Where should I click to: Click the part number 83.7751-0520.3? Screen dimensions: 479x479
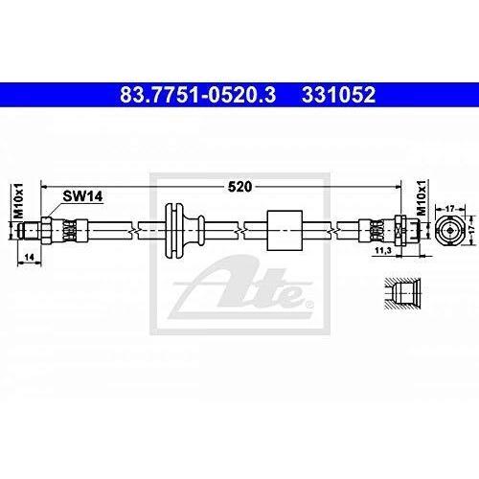click(x=197, y=95)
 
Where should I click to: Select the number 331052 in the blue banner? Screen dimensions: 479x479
click(x=338, y=95)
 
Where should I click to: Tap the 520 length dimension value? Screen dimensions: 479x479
click(x=239, y=187)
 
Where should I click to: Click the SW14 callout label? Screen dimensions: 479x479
click(x=82, y=196)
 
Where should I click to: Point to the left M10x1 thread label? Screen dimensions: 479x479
click(x=19, y=201)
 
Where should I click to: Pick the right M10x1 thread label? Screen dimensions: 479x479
click(x=422, y=197)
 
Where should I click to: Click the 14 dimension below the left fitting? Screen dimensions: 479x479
click(x=29, y=258)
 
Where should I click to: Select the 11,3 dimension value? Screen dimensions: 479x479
click(x=383, y=250)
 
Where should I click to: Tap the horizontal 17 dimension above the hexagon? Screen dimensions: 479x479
click(x=449, y=209)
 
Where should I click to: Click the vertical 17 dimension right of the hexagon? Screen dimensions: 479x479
click(x=473, y=230)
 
